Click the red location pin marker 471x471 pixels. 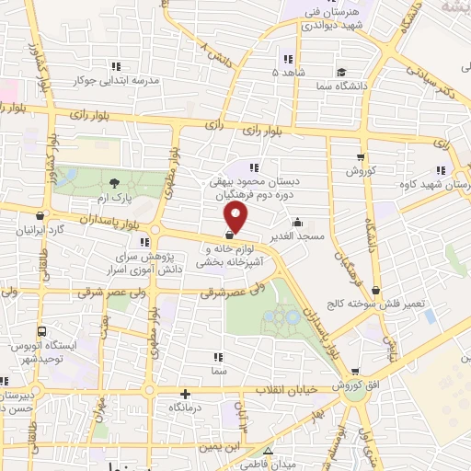pos(236,217)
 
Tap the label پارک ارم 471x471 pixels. pos(114,199)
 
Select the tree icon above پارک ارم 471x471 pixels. pos(114,184)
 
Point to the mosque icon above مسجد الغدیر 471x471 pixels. pos(296,223)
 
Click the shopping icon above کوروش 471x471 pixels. pos(361,157)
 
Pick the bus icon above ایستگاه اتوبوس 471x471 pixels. pos(40,331)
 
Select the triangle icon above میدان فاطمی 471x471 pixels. pos(268,451)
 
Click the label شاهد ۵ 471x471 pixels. pos(286,71)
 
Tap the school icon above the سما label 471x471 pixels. pos(218,356)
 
